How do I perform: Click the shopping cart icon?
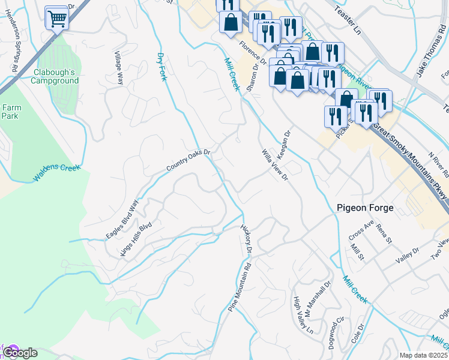[x=57, y=18]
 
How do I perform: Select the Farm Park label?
[x=11, y=111]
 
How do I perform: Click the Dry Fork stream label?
[x=161, y=67]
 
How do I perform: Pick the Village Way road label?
[x=118, y=67]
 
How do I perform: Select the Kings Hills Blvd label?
[x=136, y=239]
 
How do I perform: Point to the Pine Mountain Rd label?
[x=239, y=290]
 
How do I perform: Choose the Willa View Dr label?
[x=275, y=165]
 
